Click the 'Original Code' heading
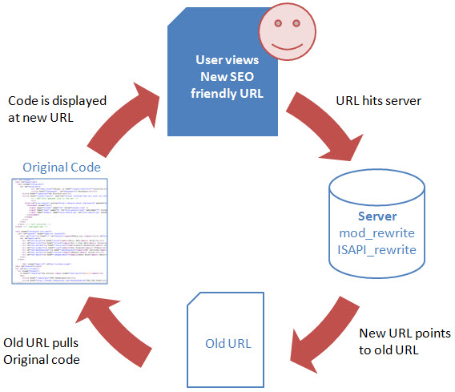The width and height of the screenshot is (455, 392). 62,167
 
